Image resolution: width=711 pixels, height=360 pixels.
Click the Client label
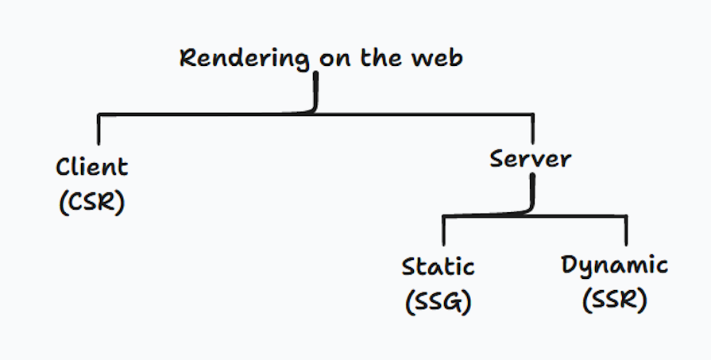click(x=91, y=168)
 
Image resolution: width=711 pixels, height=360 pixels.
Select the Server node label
click(x=530, y=159)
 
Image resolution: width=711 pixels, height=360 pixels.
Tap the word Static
click(x=438, y=266)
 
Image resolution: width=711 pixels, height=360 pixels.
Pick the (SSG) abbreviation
click(x=438, y=301)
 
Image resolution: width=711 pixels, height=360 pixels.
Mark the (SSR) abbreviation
click(x=614, y=301)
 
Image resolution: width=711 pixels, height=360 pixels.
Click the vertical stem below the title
click(x=316, y=91)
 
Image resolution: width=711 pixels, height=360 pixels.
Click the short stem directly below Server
click(x=531, y=191)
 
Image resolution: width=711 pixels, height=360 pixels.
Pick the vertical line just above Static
click(x=443, y=230)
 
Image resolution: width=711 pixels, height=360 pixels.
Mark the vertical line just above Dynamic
click(x=627, y=230)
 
